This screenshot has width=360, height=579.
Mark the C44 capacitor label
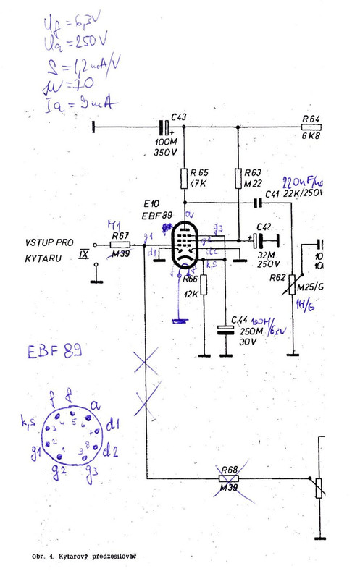pos(239,320)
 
